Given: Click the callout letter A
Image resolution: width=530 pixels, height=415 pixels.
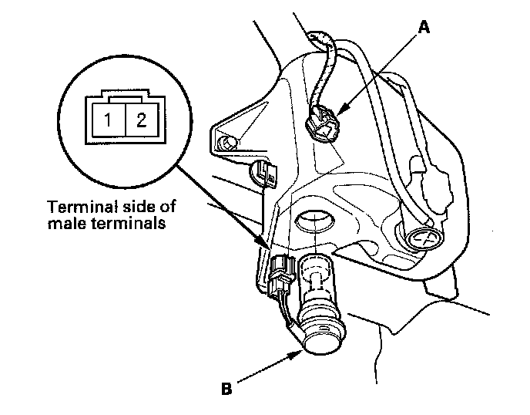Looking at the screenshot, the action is click(x=422, y=28).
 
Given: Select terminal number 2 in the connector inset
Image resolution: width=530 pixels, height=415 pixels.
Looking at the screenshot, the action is click(x=140, y=120).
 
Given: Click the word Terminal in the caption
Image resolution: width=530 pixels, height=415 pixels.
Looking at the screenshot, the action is click(x=74, y=207).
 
